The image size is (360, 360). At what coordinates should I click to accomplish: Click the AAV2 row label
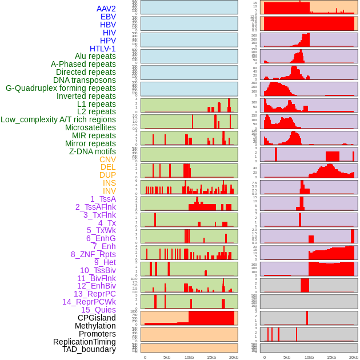coord(106,9)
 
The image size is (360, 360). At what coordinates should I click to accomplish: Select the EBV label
coord(107,17)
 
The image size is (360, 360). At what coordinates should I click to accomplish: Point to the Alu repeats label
coord(95,57)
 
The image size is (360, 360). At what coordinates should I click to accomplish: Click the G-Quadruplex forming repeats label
coord(61,88)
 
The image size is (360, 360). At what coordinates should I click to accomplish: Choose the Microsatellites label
coord(90,127)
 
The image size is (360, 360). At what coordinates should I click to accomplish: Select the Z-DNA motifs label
coord(92,151)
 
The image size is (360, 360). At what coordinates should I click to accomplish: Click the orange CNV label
coord(107,159)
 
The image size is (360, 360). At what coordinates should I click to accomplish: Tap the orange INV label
coord(109,191)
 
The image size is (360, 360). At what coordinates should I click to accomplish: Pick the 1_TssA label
coord(103,199)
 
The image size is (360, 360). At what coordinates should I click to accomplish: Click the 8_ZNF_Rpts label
coord(93,254)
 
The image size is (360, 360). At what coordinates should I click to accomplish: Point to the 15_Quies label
coord(98,310)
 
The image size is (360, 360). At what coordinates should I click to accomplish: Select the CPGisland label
coord(97,318)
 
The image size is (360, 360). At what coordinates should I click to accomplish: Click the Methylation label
coord(95,326)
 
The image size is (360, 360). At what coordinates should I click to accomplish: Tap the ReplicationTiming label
coord(84,342)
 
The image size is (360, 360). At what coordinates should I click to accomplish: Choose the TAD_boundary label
coord(89,349)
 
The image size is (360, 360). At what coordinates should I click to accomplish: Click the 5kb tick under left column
coord(167,357)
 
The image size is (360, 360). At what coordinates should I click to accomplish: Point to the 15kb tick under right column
coord(331,357)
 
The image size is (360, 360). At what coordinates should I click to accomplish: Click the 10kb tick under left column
coord(189,357)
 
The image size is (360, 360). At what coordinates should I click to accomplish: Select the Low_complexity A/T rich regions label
coord(58,119)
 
